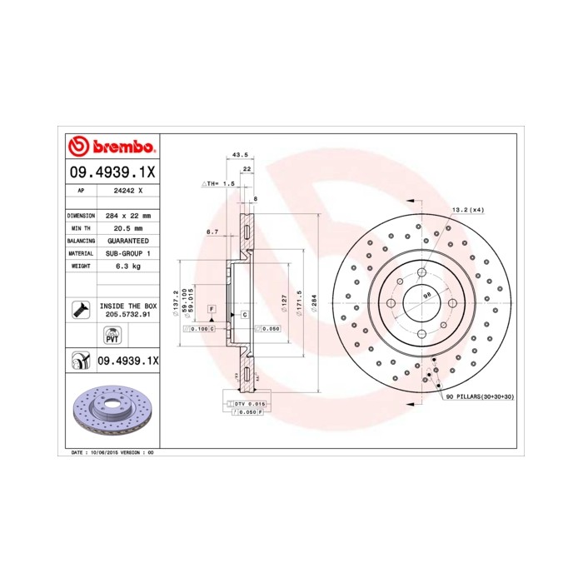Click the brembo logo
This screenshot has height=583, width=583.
[x=112, y=147]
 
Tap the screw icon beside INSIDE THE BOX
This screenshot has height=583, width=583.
[x=80, y=310]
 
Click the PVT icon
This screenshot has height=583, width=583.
[x=112, y=336]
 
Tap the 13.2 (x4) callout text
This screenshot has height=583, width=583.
[x=467, y=210]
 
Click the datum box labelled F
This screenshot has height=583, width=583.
[x=212, y=309]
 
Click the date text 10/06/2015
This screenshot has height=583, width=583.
[x=104, y=451]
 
